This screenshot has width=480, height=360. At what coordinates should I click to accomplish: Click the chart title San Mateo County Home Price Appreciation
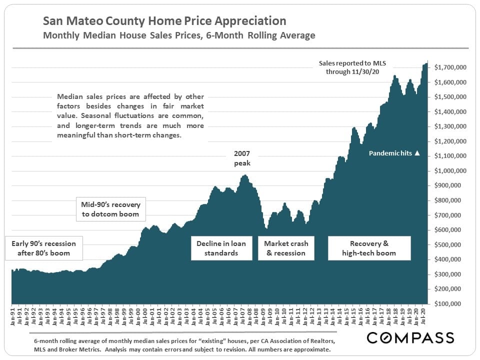164,21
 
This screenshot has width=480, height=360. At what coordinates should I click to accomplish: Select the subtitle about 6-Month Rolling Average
179,35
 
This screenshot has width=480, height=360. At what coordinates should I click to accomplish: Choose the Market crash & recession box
286,248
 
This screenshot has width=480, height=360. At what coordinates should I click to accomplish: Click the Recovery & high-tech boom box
369,248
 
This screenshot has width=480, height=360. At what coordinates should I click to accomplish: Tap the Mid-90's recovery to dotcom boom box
110,209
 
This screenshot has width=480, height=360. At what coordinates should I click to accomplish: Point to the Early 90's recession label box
43,248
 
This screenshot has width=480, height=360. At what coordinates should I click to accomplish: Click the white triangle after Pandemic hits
417,153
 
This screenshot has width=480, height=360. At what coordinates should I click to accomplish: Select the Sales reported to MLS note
356,67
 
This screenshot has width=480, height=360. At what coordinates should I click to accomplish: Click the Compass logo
410,338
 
